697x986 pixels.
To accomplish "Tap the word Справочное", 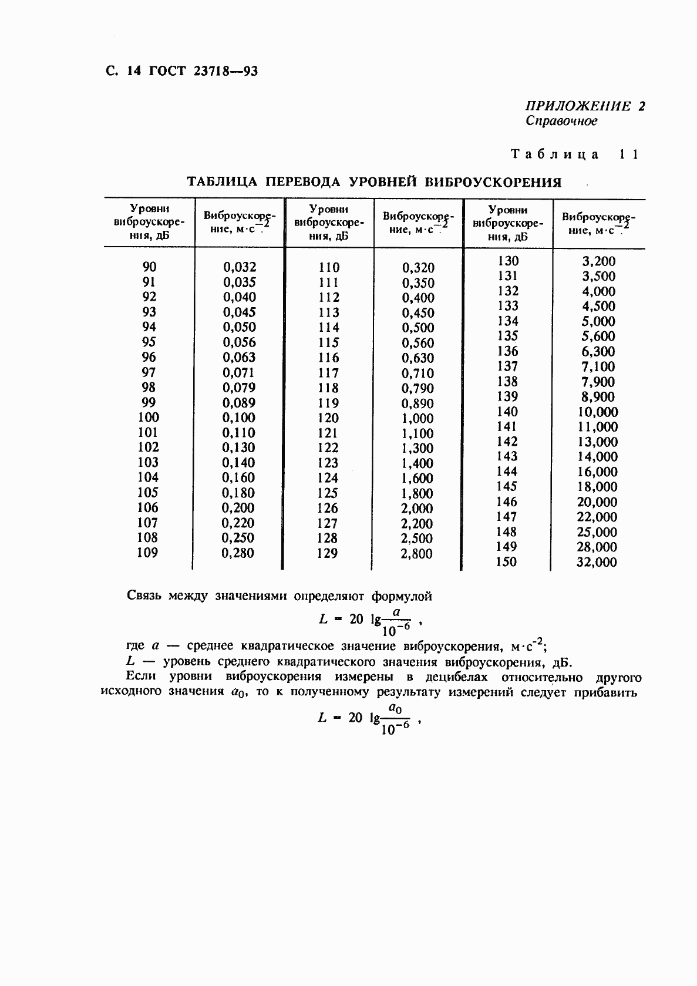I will (x=561, y=121).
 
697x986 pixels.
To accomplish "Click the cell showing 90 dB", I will (x=149, y=267).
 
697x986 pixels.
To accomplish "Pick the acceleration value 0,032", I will (x=240, y=267).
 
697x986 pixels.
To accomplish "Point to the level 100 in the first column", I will (x=148, y=418).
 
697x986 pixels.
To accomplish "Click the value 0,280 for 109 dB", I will (x=238, y=553).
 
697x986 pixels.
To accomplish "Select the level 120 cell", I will (x=328, y=418).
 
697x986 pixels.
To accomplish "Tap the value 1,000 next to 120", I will (x=417, y=419).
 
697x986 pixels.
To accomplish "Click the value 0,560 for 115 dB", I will (x=418, y=343).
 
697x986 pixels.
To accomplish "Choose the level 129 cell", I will (x=327, y=553).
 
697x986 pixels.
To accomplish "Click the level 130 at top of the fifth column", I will (x=507, y=261).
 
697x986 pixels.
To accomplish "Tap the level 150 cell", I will (x=506, y=561).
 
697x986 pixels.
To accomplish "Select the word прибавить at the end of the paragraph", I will (x=609, y=692).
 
